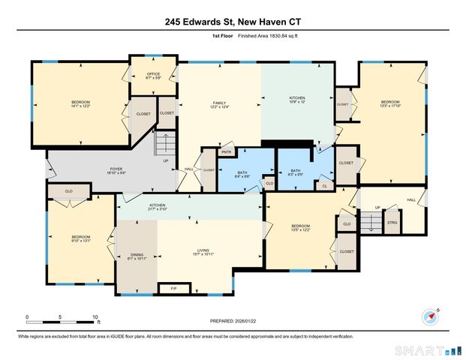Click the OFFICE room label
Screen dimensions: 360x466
click(x=153, y=73)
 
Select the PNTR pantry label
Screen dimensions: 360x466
click(x=224, y=152)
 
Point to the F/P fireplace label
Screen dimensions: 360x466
click(x=174, y=288)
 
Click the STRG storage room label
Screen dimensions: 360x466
click(x=392, y=223)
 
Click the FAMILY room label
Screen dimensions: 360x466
click(x=220, y=103)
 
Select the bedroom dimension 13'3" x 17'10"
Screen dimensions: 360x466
click(x=390, y=106)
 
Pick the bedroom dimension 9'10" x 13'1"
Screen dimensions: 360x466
click(x=80, y=240)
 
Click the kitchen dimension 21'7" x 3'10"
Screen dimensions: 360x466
click(x=157, y=209)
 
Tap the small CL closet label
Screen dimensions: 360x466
click(x=325, y=185)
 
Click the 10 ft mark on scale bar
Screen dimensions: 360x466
click(x=95, y=317)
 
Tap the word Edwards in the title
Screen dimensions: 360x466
click(x=210, y=22)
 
